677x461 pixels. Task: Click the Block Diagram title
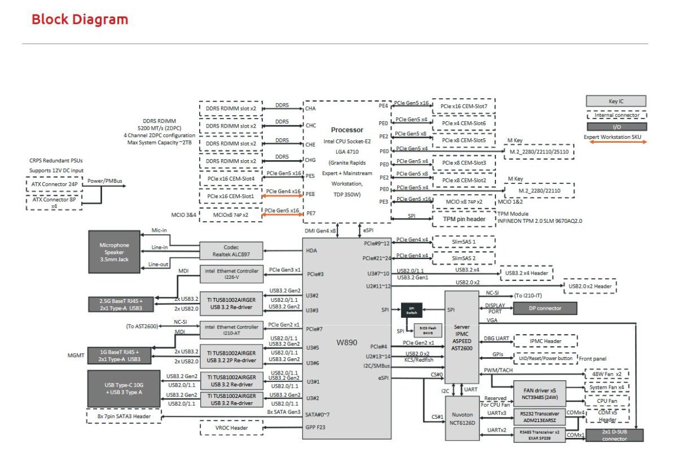pos(80,19)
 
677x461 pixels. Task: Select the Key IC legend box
pos(616,101)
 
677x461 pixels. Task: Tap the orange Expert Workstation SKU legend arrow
pos(616,142)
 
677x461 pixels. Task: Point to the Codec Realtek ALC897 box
pos(232,251)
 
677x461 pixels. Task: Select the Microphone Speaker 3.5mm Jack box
pos(115,252)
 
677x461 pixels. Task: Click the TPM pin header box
pos(463,218)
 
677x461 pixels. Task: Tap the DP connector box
pos(545,308)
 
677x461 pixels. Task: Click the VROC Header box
pos(231,428)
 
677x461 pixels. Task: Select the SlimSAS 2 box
pos(463,257)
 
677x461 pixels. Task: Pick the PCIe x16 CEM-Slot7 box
pos(463,107)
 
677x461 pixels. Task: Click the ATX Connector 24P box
pos(54,185)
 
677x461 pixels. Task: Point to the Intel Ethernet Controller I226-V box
pos(232,274)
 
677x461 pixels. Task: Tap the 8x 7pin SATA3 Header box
pos(124,416)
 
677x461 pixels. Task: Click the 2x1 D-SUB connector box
pos(614,435)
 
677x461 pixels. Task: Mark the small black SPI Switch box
pos(411,310)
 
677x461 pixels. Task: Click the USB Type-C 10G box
pos(123,388)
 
